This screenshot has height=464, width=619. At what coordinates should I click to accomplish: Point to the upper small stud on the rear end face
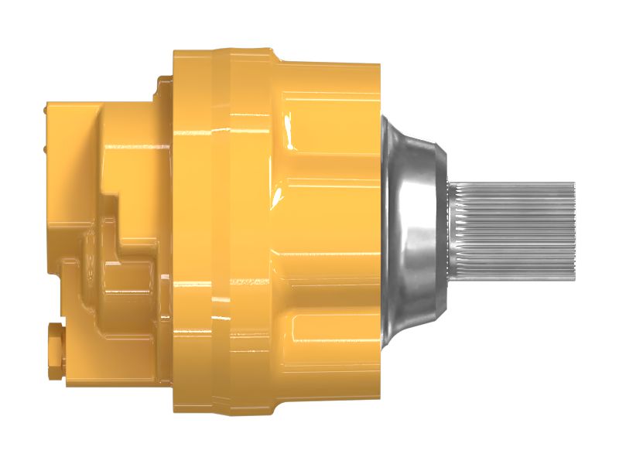point(45,114)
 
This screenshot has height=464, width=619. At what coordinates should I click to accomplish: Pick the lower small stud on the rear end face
point(45,147)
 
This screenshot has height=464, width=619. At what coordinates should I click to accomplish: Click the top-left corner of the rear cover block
point(50,104)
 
